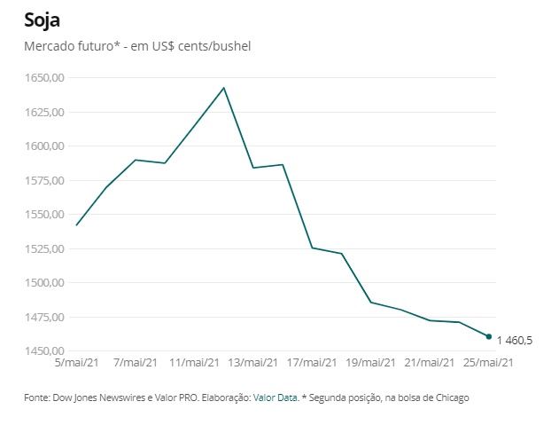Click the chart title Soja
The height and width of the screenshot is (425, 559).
[x=43, y=20]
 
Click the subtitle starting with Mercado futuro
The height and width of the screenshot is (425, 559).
[x=137, y=45]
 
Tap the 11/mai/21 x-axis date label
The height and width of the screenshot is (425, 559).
[x=194, y=363]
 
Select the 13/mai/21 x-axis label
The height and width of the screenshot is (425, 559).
[x=252, y=363]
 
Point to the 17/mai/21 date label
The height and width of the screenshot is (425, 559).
[x=312, y=363]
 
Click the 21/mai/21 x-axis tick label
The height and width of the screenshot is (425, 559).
[x=430, y=363]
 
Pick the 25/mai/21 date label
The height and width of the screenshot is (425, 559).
[x=488, y=363]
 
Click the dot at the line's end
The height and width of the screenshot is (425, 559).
[x=489, y=336]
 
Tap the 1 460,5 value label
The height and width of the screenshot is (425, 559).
[x=515, y=341]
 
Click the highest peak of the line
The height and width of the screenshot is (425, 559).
[x=224, y=88]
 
